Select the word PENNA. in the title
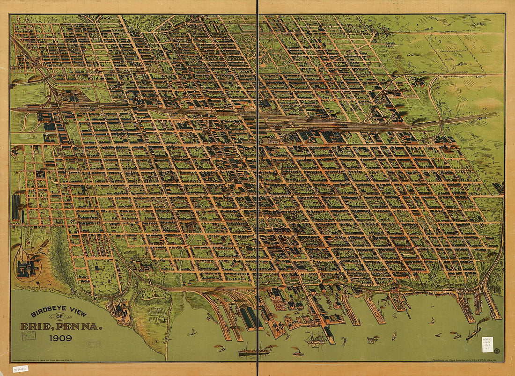pyautogui.click(x=80, y=325)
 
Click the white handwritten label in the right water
pyautogui.click(x=487, y=344)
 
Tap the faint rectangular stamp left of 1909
pyautogui.click(x=29, y=335)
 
